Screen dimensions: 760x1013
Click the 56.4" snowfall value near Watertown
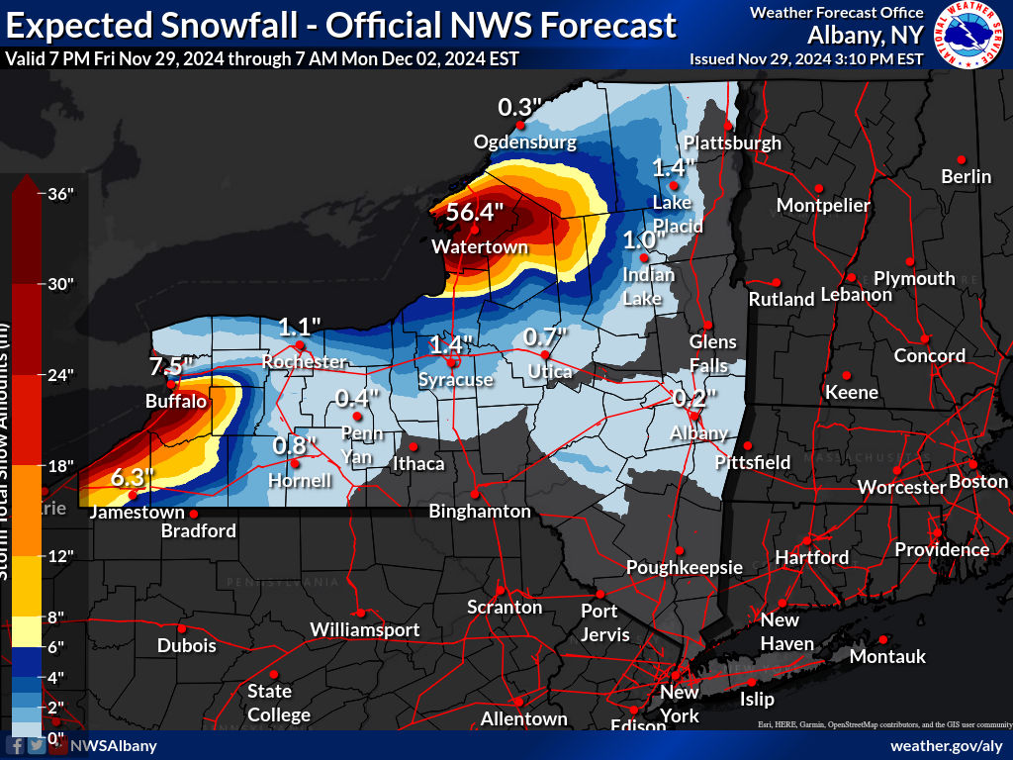[475, 212]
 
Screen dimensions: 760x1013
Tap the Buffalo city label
[175, 402]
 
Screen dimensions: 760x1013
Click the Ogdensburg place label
[524, 142]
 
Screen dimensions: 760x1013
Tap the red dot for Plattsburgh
[728, 126]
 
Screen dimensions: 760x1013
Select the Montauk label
[887, 656]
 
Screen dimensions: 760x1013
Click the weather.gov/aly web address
[947, 745]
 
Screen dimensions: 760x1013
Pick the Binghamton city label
[480, 512]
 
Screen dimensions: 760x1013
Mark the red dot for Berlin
[961, 159]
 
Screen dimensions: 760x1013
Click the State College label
[278, 703]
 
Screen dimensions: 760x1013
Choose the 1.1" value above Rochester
[300, 327]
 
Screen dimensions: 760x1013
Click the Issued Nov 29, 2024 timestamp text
[806, 58]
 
